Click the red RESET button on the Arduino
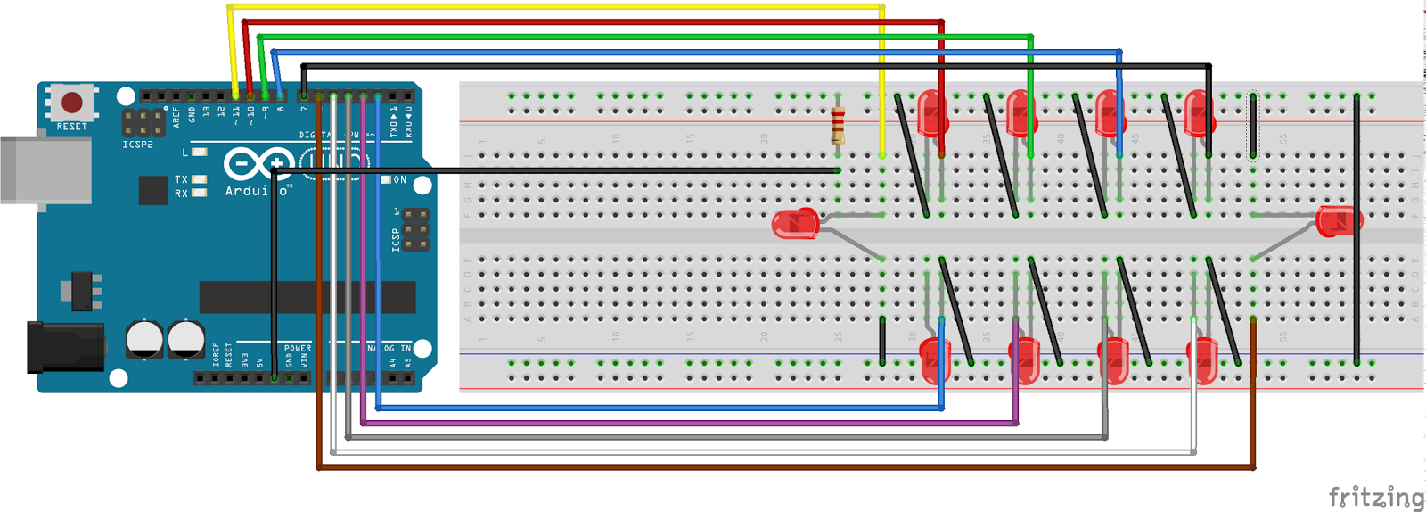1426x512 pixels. (x=71, y=102)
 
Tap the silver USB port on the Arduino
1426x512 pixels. (x=45, y=169)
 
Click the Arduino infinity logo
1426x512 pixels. (x=258, y=164)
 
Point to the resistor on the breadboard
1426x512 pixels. (x=838, y=125)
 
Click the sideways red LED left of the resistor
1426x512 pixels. (x=795, y=223)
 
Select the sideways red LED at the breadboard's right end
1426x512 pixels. (x=1339, y=220)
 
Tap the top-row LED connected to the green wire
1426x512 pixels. (x=1021, y=114)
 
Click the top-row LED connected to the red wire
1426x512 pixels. (x=932, y=114)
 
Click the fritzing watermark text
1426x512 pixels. (x=1375, y=496)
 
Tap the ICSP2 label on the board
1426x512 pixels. (x=137, y=145)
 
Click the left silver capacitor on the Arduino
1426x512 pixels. (x=144, y=340)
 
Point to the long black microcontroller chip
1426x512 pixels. (x=307, y=297)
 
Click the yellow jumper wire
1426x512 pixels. (x=553, y=7)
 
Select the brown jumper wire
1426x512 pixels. (x=784, y=467)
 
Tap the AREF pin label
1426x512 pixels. (x=176, y=117)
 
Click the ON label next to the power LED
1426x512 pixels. (x=400, y=180)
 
